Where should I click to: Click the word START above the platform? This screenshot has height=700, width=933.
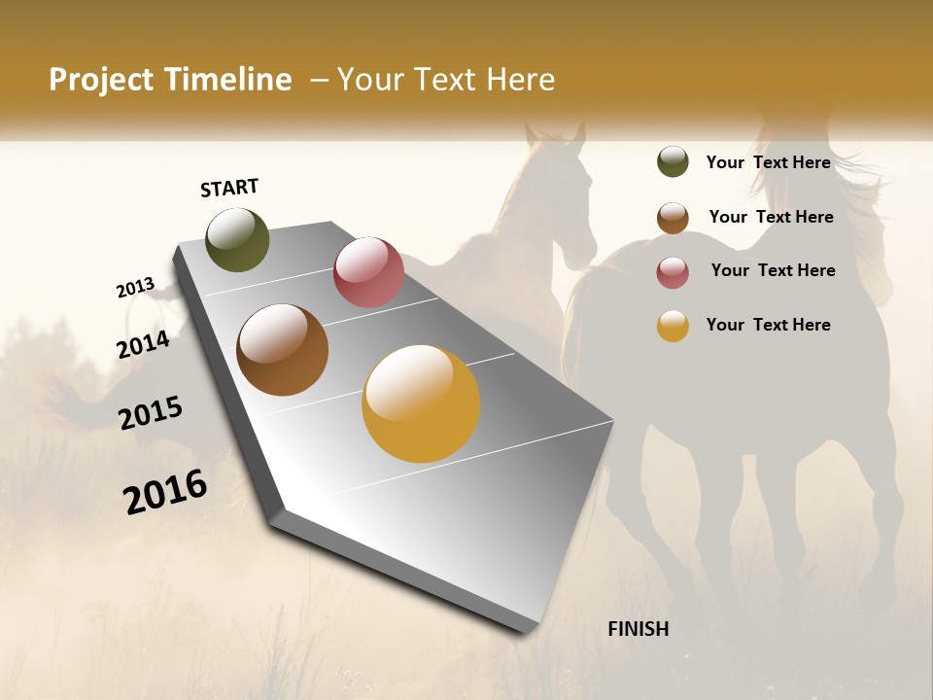[229, 188]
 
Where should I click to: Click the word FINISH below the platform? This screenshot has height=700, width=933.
[638, 629]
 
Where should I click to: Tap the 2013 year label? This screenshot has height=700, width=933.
[136, 288]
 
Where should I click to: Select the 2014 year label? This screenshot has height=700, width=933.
[143, 344]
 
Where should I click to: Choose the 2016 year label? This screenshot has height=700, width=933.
[165, 491]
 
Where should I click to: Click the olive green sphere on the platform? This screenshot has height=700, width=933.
[238, 239]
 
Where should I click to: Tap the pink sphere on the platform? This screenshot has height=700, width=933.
[368, 271]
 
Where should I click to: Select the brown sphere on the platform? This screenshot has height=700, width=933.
[282, 350]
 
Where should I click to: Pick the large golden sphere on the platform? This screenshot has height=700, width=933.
[421, 403]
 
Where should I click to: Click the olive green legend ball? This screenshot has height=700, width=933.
[673, 161]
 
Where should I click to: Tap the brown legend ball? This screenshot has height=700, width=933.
[673, 218]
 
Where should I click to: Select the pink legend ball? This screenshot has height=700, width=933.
[673, 272]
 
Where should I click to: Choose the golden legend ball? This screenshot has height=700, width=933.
[673, 326]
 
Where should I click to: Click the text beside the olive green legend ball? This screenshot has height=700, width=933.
[768, 162]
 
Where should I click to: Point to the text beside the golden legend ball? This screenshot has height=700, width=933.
[768, 325]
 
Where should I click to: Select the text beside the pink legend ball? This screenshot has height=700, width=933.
[773, 270]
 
